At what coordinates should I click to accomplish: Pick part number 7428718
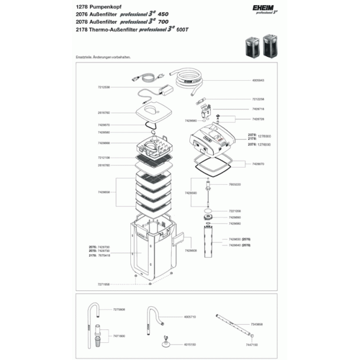tap(259, 109)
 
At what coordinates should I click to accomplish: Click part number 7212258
tap(259, 99)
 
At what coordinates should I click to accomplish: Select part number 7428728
tap(259, 119)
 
